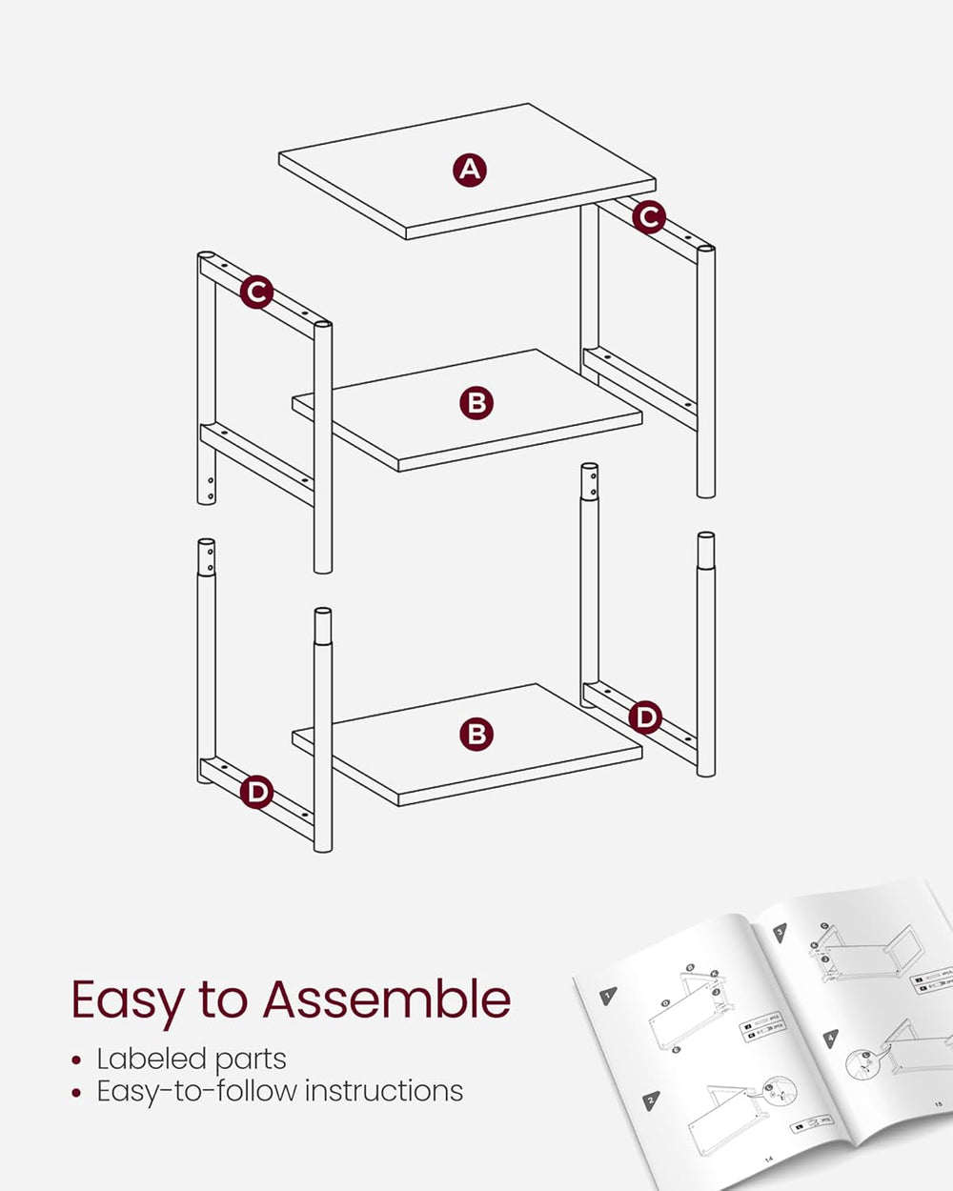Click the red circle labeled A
(469, 170)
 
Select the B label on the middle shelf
(476, 403)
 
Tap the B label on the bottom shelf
(476, 734)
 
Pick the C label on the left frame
(256, 292)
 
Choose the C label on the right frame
(649, 217)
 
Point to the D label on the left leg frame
(256, 792)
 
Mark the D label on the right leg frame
(647, 717)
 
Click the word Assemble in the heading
(386, 1000)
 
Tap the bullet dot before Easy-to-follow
(77, 1092)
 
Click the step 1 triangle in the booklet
(607, 997)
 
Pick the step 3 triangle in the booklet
(780, 933)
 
